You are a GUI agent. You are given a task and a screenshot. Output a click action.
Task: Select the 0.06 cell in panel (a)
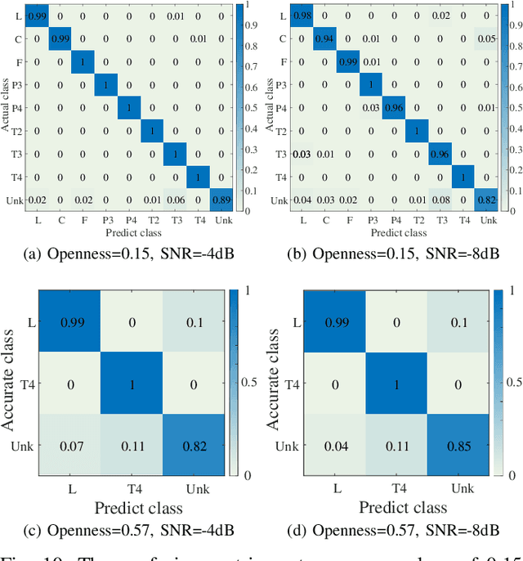pyautogui.click(x=174, y=200)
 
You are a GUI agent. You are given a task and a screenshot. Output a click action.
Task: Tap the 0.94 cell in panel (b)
pyautogui.click(x=326, y=38)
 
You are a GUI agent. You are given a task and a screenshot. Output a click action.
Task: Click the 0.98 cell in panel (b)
pyautogui.click(x=303, y=16)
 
